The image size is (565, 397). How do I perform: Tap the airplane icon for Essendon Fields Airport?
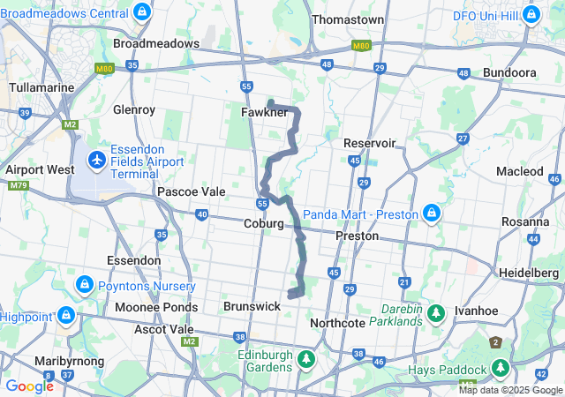coord(96,161)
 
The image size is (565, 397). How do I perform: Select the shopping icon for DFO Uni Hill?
coord(531,15)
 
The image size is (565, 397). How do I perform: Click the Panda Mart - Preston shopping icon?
coord(432,213)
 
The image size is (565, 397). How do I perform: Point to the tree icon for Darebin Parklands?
coord(435,313)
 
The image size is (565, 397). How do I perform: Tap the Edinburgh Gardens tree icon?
coord(305,359)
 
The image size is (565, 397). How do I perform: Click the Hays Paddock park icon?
coord(501,367)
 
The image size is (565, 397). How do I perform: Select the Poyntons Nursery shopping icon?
coord(84,286)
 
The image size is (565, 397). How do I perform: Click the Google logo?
coord(29,386)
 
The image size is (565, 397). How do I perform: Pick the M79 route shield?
coord(17,185)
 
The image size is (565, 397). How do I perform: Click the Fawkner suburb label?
coord(264,113)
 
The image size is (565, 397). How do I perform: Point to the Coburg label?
coord(264,224)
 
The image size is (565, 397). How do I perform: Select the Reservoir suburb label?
coord(369,143)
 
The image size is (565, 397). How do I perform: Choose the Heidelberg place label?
coord(529,273)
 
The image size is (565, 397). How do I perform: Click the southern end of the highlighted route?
coord(290,295)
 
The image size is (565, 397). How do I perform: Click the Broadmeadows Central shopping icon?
coord(142,13)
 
